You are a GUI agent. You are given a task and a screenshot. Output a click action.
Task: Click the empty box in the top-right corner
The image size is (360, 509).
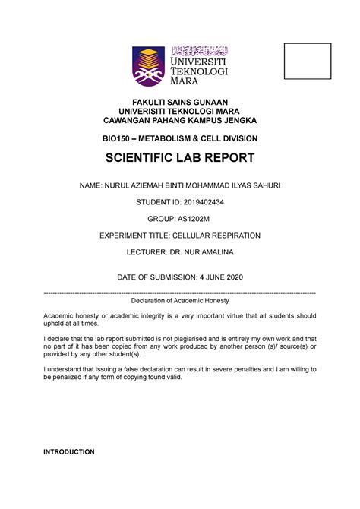pos(308,62)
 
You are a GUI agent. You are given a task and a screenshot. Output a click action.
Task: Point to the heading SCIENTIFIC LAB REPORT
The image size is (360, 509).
pos(180,159)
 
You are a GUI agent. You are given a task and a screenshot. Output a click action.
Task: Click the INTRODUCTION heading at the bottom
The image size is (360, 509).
pos(69,452)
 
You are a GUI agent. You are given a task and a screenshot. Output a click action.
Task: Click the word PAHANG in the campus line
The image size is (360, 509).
pos(175,121)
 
